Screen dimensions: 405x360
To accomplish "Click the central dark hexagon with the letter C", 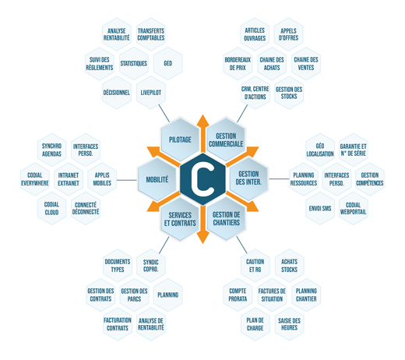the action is (202, 179).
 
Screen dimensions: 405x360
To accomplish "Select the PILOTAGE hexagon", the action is (180, 139).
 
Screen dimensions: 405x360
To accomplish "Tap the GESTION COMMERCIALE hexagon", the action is (226, 139).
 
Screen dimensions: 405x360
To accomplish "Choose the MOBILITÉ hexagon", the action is (157, 179).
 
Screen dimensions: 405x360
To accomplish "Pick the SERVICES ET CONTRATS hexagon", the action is (180, 219).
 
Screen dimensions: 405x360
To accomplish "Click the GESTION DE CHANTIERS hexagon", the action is (226, 218).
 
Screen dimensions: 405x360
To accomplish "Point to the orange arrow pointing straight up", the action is (202, 133).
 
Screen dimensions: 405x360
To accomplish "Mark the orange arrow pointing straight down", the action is (202, 224).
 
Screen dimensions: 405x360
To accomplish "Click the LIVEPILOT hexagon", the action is (151, 93).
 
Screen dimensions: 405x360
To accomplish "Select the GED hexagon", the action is (168, 63).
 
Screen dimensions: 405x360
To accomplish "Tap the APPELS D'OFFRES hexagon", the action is (288, 34).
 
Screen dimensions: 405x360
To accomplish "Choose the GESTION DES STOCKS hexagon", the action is (289, 93).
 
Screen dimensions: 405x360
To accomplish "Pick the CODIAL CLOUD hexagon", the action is (51, 208).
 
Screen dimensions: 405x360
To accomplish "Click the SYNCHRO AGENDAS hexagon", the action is (51, 150).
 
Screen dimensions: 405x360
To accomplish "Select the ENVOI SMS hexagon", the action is (320, 208).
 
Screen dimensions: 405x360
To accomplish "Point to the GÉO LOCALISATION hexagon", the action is (320, 150).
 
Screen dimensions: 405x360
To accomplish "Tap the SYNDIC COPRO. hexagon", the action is (151, 266).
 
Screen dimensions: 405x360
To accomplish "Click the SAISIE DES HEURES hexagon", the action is (289, 324).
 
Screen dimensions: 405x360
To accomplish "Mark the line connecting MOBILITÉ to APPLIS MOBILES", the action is (127, 180).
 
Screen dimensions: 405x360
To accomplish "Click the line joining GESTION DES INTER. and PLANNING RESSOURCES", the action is (279, 178).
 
